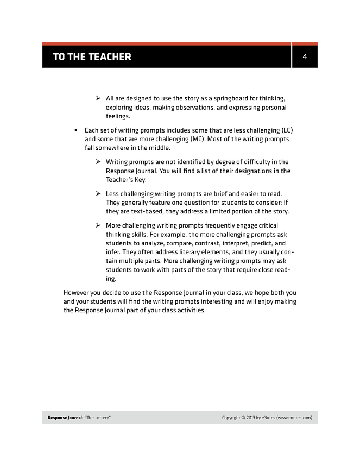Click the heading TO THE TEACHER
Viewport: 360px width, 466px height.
(92, 57)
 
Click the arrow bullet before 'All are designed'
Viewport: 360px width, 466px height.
(98, 98)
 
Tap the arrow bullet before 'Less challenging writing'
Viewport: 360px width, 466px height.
(98, 194)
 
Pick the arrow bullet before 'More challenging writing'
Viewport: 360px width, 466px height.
(98, 225)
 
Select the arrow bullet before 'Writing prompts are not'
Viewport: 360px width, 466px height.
(98, 162)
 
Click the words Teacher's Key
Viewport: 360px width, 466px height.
(126, 179)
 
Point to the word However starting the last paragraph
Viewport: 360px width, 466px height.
(79, 293)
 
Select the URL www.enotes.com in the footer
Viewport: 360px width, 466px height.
(294, 418)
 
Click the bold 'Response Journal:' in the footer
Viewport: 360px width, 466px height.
(65, 418)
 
